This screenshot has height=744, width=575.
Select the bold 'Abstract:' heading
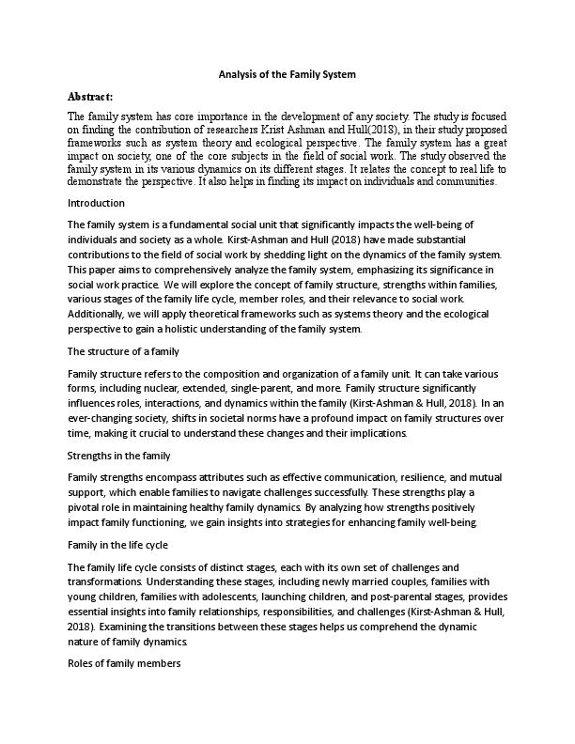click(90, 96)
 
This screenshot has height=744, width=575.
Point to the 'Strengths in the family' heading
click(118, 456)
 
